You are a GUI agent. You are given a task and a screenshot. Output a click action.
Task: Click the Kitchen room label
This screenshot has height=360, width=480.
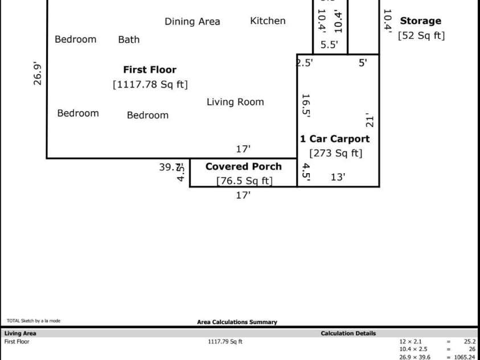click(268, 21)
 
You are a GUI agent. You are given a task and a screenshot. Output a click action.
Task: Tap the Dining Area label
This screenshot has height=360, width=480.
click(192, 22)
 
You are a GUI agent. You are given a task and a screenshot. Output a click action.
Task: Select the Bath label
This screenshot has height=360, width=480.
click(129, 39)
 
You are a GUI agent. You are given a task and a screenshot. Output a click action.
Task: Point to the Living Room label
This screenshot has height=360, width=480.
click(235, 102)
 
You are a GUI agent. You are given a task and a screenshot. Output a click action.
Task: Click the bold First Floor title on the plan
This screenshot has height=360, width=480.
click(150, 70)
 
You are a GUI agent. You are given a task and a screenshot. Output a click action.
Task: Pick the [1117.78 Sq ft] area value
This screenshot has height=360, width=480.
click(150, 85)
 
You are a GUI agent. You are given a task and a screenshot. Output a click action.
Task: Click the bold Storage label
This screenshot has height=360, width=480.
click(420, 21)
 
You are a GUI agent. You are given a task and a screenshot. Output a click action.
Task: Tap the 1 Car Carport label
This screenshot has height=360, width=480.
click(335, 139)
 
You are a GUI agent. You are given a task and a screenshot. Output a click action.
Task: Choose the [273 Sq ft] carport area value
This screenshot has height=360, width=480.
click(335, 153)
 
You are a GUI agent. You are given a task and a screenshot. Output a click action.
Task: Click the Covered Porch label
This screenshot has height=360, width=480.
click(243, 167)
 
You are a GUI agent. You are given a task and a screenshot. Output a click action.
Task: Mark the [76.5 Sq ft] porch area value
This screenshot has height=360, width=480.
click(244, 181)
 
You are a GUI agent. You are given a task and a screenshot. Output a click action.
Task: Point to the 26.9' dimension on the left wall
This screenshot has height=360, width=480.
click(38, 73)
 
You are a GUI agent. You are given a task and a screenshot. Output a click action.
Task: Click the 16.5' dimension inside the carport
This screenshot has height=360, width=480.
click(306, 105)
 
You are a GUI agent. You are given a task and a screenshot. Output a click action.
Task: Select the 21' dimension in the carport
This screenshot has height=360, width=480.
click(370, 120)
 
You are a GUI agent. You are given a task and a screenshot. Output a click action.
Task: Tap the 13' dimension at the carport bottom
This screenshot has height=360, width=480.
click(338, 177)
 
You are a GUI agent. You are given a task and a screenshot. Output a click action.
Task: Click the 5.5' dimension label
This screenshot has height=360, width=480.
click(329, 44)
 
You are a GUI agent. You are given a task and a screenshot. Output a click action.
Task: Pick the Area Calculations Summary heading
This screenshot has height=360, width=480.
click(237, 322)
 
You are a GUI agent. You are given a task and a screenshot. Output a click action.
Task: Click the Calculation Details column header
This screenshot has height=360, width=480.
click(348, 333)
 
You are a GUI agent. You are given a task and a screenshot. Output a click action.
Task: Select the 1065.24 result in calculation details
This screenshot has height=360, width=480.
click(463, 357)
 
